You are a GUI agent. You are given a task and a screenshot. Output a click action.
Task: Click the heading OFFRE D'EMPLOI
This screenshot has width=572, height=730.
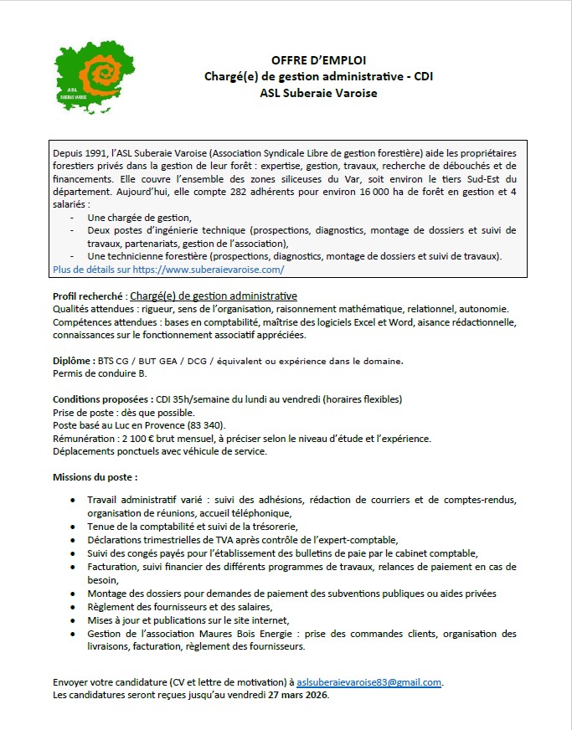point(318,60)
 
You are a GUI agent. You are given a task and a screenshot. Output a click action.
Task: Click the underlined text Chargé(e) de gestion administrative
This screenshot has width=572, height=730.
point(214,296)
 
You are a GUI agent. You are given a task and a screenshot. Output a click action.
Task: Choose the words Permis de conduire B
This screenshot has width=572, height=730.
point(100,373)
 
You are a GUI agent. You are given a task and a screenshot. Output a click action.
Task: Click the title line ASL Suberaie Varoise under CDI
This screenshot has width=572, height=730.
point(318,93)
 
